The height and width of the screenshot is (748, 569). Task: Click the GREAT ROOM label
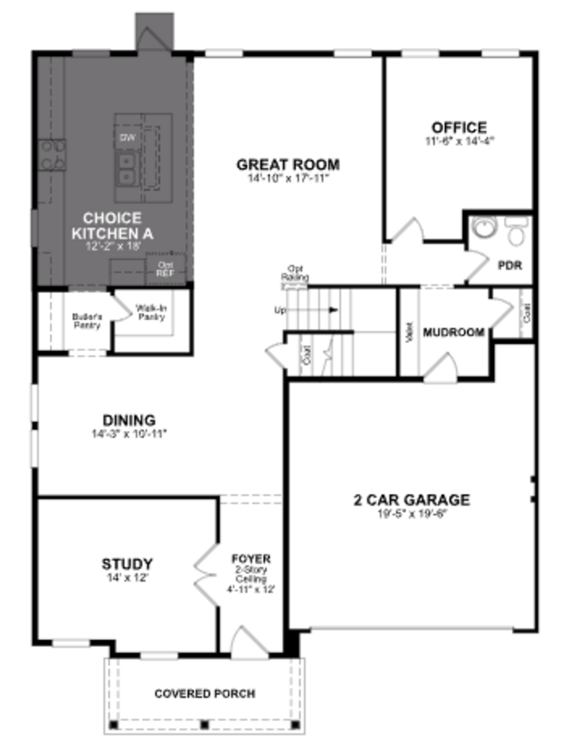click(288, 165)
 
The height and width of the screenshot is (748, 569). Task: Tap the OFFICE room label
click(459, 128)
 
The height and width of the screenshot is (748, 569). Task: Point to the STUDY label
click(127, 564)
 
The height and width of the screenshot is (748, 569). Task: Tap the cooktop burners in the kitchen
click(52, 155)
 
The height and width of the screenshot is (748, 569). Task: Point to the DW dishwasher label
click(128, 137)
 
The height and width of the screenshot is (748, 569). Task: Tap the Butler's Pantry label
click(87, 321)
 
